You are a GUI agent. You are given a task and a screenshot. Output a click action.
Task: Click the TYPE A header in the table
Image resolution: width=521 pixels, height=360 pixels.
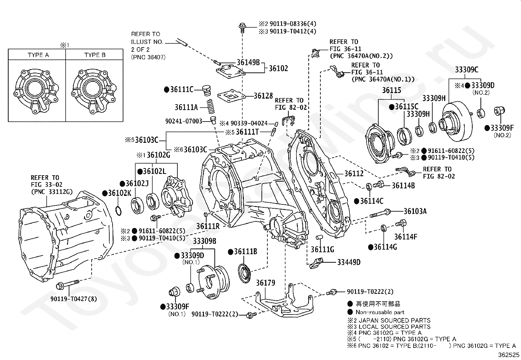click(38, 55)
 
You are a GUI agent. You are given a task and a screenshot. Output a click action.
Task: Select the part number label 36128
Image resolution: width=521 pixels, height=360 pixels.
click(263, 96)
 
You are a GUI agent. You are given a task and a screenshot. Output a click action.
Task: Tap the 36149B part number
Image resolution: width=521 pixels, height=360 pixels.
click(248, 63)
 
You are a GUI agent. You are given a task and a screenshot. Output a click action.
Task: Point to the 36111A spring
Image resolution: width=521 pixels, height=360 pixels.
click(210, 107)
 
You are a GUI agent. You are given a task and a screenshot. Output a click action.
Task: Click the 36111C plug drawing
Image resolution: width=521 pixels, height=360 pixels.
click(206, 91)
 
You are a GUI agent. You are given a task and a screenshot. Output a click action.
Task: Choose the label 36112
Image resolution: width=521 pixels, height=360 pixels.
click(354, 174)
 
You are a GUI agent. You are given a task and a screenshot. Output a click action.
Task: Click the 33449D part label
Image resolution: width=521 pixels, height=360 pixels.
click(349, 262)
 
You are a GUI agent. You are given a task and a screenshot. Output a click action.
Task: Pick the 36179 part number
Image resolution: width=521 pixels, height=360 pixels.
click(265, 283)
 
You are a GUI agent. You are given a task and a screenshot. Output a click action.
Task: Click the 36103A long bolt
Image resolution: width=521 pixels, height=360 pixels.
click(380, 213)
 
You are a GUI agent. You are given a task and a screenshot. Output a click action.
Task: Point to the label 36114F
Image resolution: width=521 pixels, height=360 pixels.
click(405, 237)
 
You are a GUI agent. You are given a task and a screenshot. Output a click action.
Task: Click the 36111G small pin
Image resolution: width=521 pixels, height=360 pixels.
click(318, 237)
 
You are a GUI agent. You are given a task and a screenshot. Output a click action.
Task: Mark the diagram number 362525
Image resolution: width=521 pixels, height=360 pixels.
click(509, 355)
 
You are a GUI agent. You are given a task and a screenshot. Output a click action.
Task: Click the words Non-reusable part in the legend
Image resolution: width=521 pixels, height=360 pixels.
click(380, 312)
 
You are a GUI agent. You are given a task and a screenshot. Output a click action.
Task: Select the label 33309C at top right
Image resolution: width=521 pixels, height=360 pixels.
click(467, 70)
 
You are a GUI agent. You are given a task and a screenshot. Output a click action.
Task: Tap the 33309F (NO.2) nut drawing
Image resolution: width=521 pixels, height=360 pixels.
click(499, 111)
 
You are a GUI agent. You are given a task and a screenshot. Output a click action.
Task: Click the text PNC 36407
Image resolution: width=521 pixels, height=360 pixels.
click(148, 57)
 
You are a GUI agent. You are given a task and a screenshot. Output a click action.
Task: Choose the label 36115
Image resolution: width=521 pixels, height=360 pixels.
click(392, 90)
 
